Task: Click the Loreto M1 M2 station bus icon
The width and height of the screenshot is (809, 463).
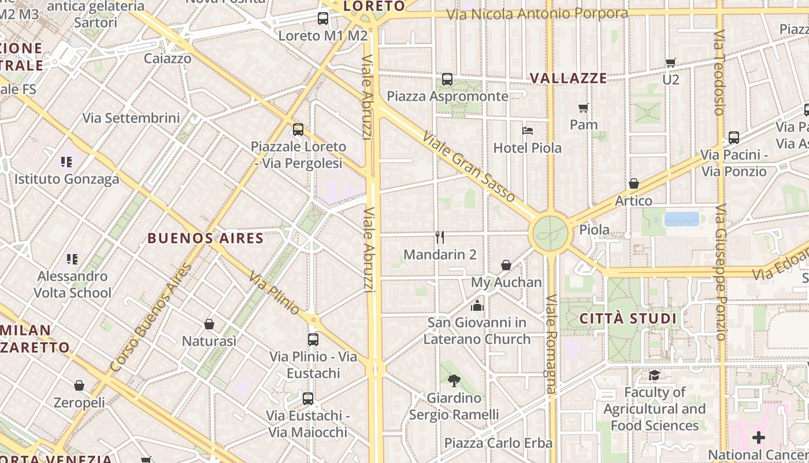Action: click(x=323, y=19)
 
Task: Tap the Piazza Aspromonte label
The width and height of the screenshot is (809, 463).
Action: click(x=448, y=96)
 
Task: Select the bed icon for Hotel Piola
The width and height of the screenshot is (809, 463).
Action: click(x=528, y=130)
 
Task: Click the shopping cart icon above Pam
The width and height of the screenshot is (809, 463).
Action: click(x=584, y=108)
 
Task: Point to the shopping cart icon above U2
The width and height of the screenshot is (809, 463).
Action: click(x=671, y=63)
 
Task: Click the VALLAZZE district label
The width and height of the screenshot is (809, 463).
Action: click(x=569, y=78)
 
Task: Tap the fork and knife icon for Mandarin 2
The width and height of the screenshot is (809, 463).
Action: click(x=440, y=237)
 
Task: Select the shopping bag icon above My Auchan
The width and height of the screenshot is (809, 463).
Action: click(x=506, y=265)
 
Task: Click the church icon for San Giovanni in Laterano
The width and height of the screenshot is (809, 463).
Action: click(x=477, y=305)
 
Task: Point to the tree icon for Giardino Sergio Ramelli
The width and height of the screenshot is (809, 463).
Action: click(x=454, y=380)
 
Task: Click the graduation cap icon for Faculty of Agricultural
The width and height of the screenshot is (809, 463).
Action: click(x=654, y=375)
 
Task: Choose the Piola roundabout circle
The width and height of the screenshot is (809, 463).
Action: click(x=550, y=234)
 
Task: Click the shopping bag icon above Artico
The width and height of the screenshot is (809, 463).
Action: click(x=634, y=183)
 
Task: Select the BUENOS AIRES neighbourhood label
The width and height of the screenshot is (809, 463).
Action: click(x=205, y=238)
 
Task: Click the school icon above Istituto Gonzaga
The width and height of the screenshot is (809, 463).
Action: click(x=66, y=161)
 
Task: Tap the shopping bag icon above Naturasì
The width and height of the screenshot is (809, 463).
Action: click(x=209, y=324)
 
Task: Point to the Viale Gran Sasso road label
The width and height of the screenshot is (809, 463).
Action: click(x=469, y=167)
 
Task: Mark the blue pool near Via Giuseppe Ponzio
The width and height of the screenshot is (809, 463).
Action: click(x=682, y=219)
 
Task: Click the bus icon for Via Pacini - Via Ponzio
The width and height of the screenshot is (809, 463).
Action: click(x=734, y=138)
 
